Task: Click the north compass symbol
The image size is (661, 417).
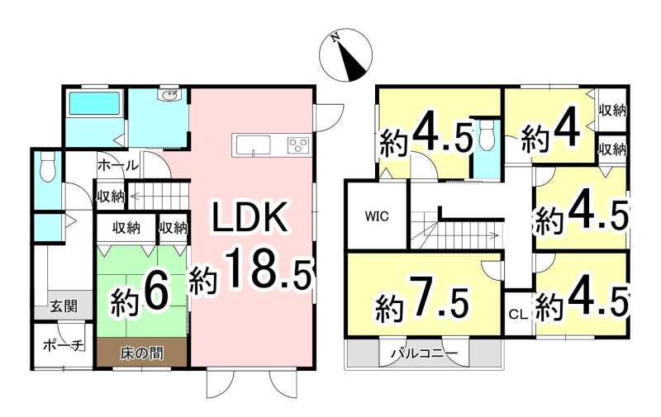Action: (x=345, y=55)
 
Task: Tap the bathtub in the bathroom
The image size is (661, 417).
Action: (x=94, y=103)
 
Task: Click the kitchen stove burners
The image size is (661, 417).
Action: (x=298, y=145)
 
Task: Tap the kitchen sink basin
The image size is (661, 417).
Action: (x=253, y=145)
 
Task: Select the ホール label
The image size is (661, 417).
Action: (x=117, y=165)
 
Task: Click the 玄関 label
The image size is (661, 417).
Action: (x=64, y=306)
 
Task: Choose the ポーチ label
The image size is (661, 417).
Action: (x=63, y=346)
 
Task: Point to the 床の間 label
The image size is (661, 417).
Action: (x=141, y=353)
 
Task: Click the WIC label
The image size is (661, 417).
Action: (x=377, y=216)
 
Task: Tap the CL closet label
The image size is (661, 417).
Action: (x=518, y=315)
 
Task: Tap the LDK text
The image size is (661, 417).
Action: (x=250, y=218)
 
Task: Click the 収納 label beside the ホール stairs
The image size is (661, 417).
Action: (x=111, y=197)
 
